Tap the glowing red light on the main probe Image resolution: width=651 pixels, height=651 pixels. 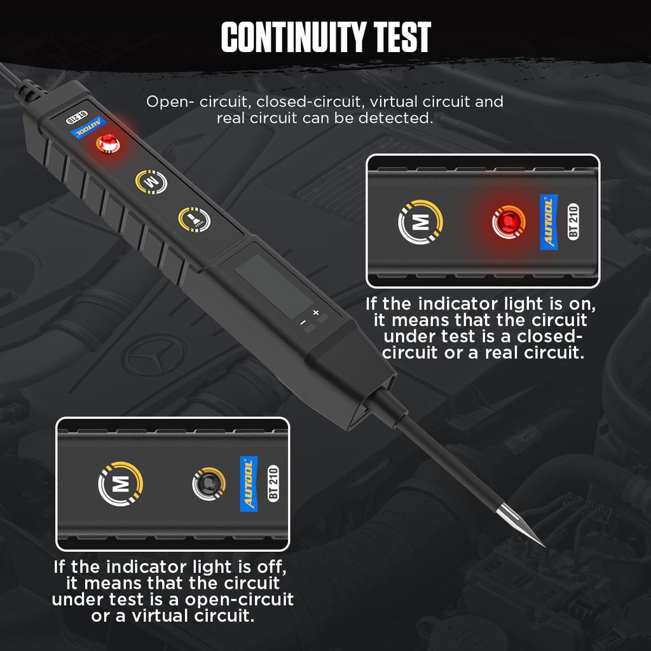coord(109,144)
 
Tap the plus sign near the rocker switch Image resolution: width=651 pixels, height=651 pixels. coord(316,312)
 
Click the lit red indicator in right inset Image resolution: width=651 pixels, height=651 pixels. coord(507,222)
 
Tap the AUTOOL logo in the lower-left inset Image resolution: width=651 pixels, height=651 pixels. coord(249,484)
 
